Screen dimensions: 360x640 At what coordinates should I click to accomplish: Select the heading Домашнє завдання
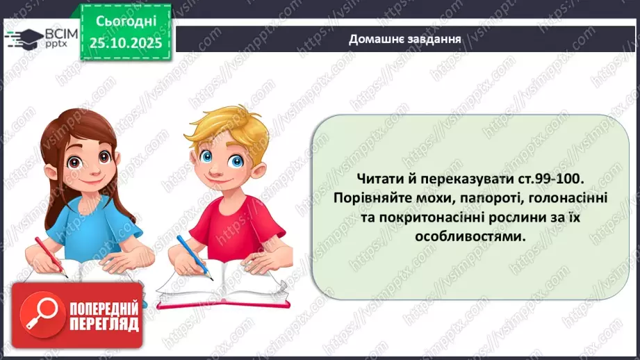(406, 38)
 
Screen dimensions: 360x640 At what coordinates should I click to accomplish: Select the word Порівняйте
(370, 197)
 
